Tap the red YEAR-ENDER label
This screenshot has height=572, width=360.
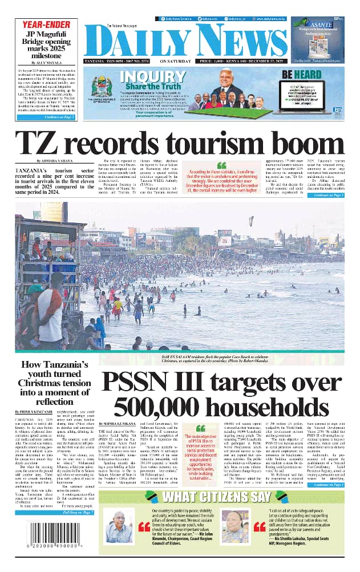pyautogui.click(x=46, y=25)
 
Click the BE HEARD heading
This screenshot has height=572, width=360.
pyautogui.click(x=309, y=74)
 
